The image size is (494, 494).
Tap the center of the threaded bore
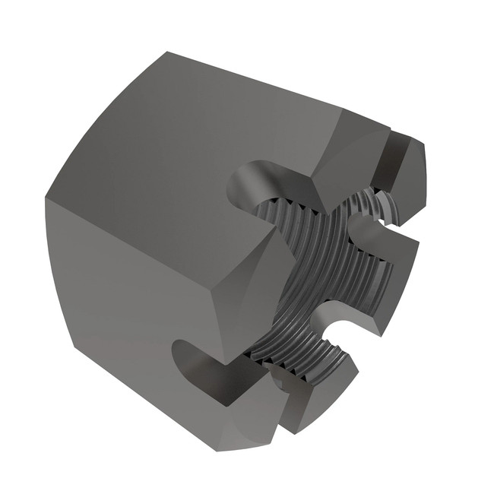click(319, 281)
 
